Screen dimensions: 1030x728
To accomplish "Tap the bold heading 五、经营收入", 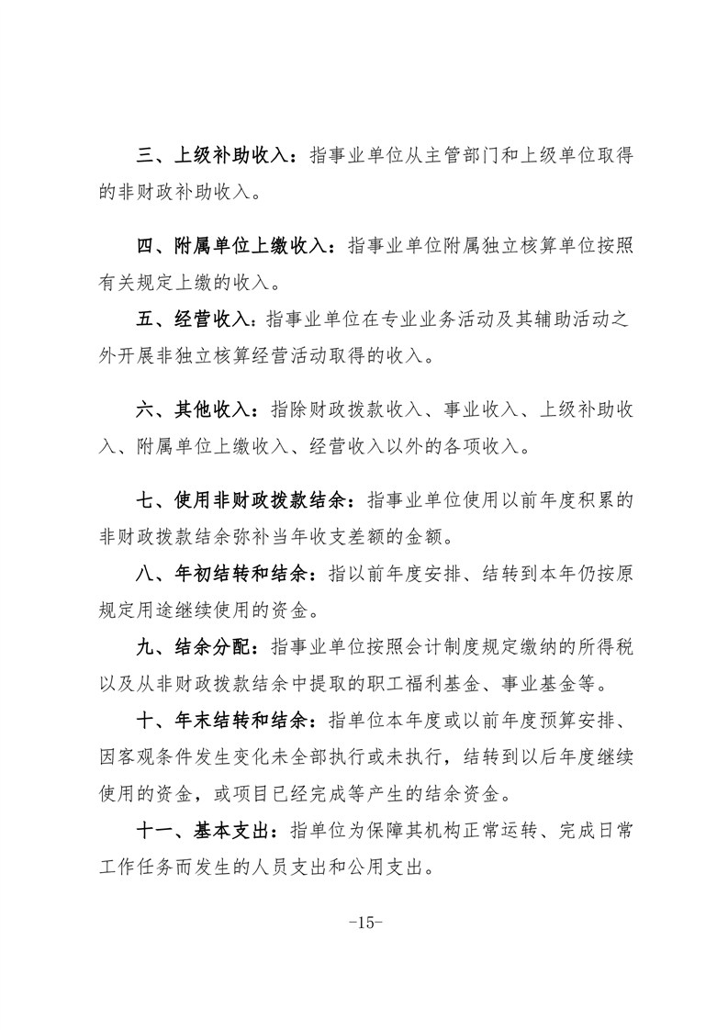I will [193, 319].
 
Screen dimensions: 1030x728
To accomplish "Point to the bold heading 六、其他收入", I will [193, 409].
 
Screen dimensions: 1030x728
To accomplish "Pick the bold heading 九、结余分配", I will [193, 645].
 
